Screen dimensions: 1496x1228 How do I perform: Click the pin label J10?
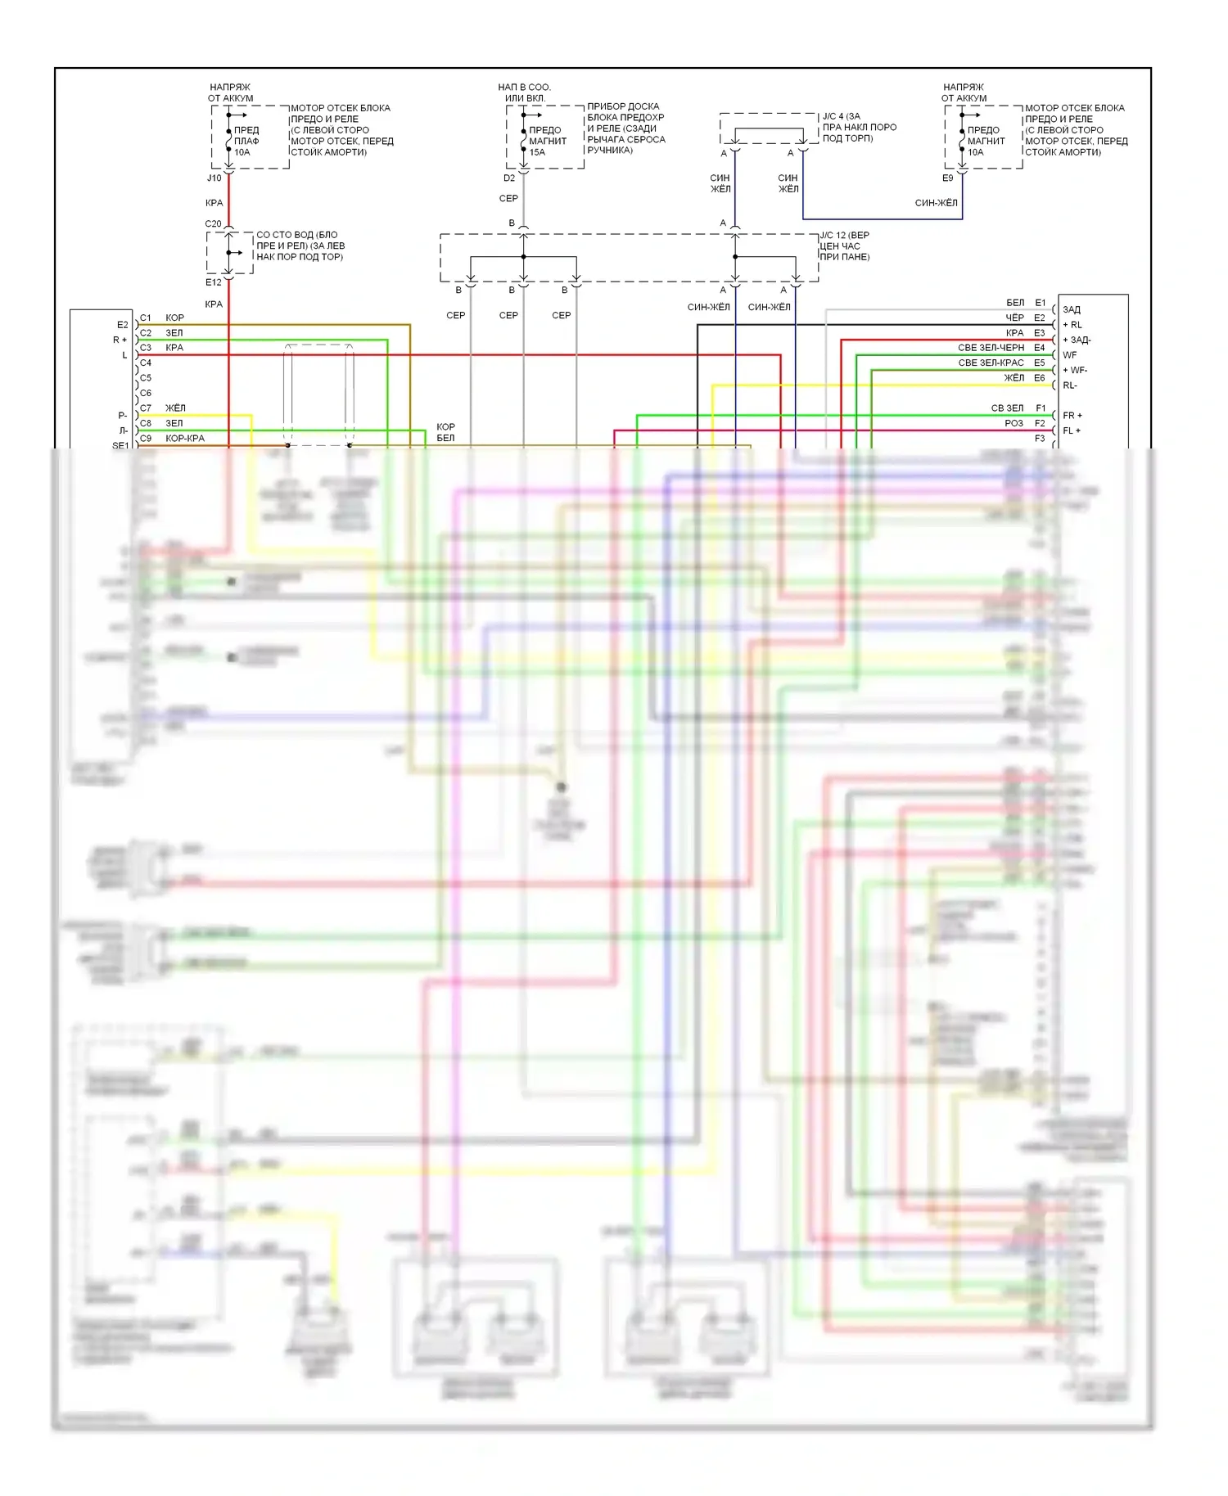click(214, 178)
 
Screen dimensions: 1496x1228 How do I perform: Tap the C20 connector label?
click(213, 223)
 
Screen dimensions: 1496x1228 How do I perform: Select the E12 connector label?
click(213, 282)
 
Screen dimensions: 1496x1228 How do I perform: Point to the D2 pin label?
click(509, 178)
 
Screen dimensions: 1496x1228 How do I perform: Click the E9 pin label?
click(947, 178)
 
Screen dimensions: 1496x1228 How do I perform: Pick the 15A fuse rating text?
click(537, 152)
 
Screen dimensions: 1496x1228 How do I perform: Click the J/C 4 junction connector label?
click(841, 116)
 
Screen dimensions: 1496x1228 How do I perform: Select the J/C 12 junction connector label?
click(844, 235)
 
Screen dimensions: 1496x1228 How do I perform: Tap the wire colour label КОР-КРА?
click(185, 439)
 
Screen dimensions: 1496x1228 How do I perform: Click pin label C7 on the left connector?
click(146, 408)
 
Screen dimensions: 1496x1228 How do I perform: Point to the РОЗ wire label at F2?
click(1014, 423)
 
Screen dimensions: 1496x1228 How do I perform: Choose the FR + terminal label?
click(1072, 416)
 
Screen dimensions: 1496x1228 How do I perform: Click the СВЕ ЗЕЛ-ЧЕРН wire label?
click(991, 348)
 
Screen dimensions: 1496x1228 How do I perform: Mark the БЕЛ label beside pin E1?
click(1015, 303)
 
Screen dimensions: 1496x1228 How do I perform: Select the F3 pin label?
click(1040, 439)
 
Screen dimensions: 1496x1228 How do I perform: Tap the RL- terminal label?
click(1070, 385)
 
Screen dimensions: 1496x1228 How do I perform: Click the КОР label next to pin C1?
click(174, 318)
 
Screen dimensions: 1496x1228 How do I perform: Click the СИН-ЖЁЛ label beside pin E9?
click(936, 203)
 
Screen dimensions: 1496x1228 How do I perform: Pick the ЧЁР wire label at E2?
click(1014, 318)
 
